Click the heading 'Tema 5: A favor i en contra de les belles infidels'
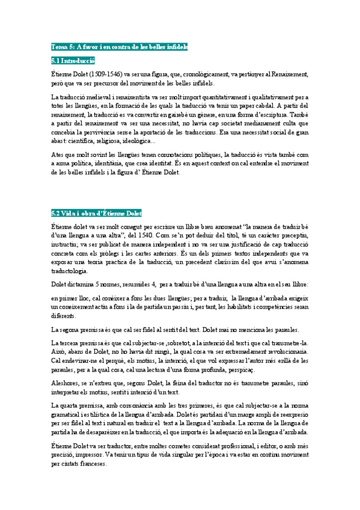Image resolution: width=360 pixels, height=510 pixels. pos(120,46)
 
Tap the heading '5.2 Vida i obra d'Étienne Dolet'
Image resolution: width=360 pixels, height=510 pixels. pos(97,213)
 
